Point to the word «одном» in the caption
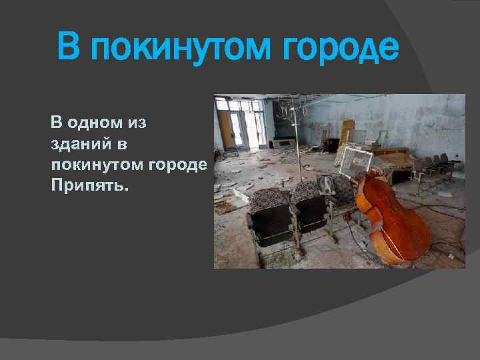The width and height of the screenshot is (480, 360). pos(100,123)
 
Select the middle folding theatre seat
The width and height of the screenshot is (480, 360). pos(308,207)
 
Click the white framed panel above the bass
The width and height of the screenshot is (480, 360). pos(353,159)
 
